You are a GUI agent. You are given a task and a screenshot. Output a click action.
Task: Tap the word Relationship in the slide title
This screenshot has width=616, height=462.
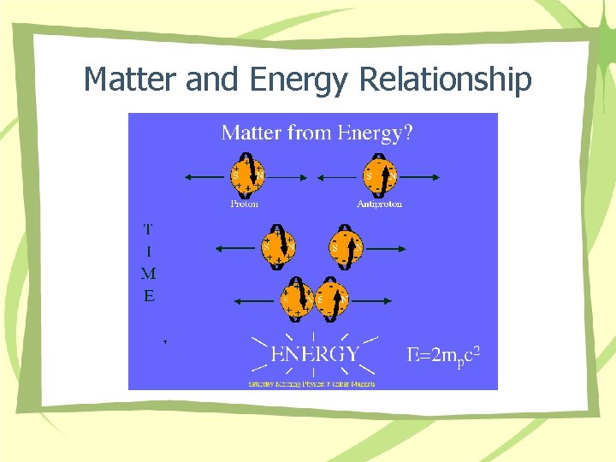coord(445,80)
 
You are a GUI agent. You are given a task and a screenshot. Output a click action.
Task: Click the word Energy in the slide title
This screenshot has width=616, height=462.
coord(299,80)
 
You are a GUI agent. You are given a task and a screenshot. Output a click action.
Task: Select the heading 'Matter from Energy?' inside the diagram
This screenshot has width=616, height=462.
coord(317,133)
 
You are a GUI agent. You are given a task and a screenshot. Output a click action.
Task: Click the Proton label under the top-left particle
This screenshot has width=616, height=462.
coord(244,204)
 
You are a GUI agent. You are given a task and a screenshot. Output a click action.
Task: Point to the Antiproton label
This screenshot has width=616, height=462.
coord(379,204)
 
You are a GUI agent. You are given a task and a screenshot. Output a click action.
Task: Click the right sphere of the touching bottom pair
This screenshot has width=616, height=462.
coord(332,299)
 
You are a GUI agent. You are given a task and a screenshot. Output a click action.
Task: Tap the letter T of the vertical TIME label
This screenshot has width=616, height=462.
coord(149,228)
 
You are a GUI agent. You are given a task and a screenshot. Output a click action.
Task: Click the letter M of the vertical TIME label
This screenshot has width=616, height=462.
coord(149,275)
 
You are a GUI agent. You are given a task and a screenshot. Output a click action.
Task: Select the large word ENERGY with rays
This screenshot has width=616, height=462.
coord(315,354)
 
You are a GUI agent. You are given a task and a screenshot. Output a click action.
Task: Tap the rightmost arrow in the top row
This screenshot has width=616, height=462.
coord(419,177)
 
